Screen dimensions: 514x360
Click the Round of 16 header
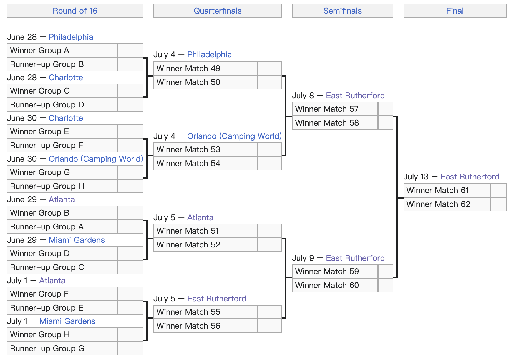pyautogui.click(x=75, y=11)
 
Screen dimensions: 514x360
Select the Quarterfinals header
pyautogui.click(x=218, y=11)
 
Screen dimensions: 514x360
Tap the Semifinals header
pyautogui.click(x=342, y=11)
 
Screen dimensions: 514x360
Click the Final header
pyautogui.click(x=455, y=11)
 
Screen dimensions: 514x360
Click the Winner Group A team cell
pyautogui.click(x=62, y=50)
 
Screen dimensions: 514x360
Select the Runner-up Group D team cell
pyautogui.click(x=62, y=105)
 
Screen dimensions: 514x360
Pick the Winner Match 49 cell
pyautogui.click(x=205, y=68)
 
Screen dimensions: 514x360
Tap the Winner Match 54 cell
pyautogui.click(x=205, y=163)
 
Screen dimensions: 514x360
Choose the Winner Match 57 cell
pyautogui.click(x=335, y=109)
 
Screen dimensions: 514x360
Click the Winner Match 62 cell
pyautogui.click(x=447, y=204)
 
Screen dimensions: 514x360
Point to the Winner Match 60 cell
pyautogui.click(x=335, y=285)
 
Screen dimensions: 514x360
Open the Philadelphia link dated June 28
pyautogui.click(x=71, y=37)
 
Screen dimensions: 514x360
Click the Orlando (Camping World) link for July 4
pyautogui.click(x=235, y=136)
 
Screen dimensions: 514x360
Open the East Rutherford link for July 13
pyautogui.click(x=470, y=177)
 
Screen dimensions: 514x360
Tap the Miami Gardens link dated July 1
pyautogui.click(x=67, y=321)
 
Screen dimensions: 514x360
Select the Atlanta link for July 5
pyautogui.click(x=200, y=217)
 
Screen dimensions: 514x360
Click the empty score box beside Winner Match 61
pyautogui.click(x=498, y=190)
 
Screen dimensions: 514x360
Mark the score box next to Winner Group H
pyautogui.click(x=130, y=334)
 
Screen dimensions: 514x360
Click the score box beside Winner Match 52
pyautogui.click(x=269, y=245)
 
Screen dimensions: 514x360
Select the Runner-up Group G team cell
pyautogui.click(x=62, y=348)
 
